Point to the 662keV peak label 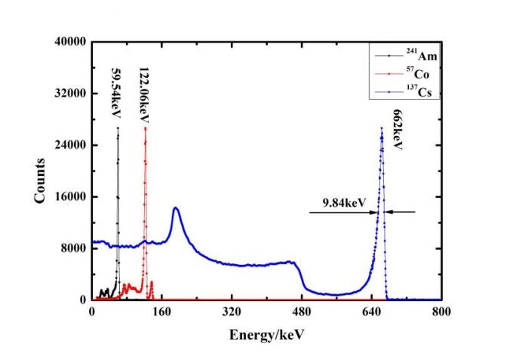click(x=398, y=131)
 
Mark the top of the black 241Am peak click(x=118, y=128)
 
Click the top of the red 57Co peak click(x=145, y=128)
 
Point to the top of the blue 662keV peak click(x=382, y=128)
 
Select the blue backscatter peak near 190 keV click(x=176, y=208)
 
